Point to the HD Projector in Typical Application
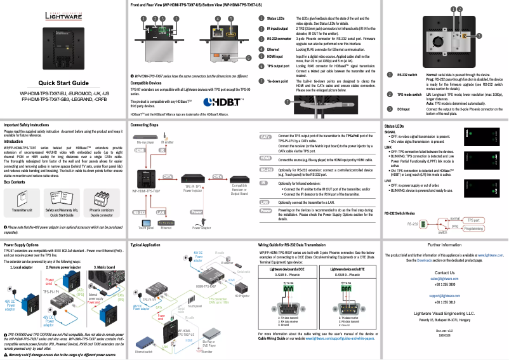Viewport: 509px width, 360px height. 242,287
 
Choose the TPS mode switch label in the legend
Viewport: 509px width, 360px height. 407,94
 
